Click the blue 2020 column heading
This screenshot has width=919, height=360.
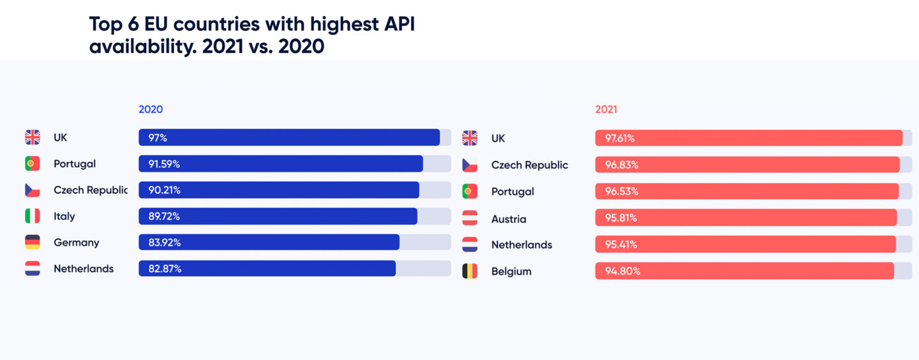151,109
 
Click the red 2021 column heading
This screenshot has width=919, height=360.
606,109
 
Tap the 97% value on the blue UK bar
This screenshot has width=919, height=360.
158,137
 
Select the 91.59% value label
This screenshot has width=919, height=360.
164,164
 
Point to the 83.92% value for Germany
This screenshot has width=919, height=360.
165,243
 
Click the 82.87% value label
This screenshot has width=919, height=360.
165,269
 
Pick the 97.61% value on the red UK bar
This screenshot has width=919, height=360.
620,138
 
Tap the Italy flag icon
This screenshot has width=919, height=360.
33,216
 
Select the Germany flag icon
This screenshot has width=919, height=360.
33,243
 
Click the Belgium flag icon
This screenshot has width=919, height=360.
470,271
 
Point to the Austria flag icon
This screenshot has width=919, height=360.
470,218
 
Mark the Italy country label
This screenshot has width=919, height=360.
64,216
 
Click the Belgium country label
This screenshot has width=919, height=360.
511,271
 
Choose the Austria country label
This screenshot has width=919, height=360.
509,219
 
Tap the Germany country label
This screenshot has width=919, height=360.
76,243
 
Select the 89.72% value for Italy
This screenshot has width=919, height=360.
164,216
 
